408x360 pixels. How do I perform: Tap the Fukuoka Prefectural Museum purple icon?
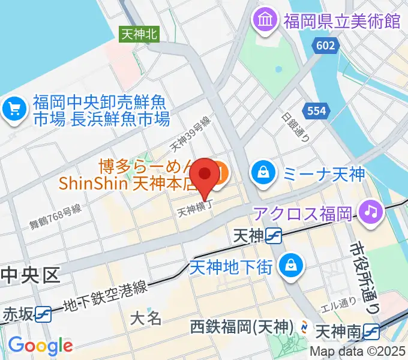pyautogui.click(x=264, y=22)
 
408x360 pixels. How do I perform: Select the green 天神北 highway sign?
pyautogui.click(x=139, y=34)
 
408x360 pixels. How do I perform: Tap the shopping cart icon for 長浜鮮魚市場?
pyautogui.click(x=15, y=109)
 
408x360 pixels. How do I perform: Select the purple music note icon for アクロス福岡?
pyautogui.click(x=370, y=211)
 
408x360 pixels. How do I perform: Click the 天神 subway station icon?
pyautogui.click(x=275, y=237)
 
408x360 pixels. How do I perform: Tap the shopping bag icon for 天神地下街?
pyautogui.click(x=290, y=264)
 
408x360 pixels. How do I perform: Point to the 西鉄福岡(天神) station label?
pyautogui.click(x=242, y=328)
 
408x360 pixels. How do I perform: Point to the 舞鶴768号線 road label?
pyautogui.click(x=55, y=217)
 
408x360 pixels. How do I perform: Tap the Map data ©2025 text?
pyautogui.click(x=358, y=352)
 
